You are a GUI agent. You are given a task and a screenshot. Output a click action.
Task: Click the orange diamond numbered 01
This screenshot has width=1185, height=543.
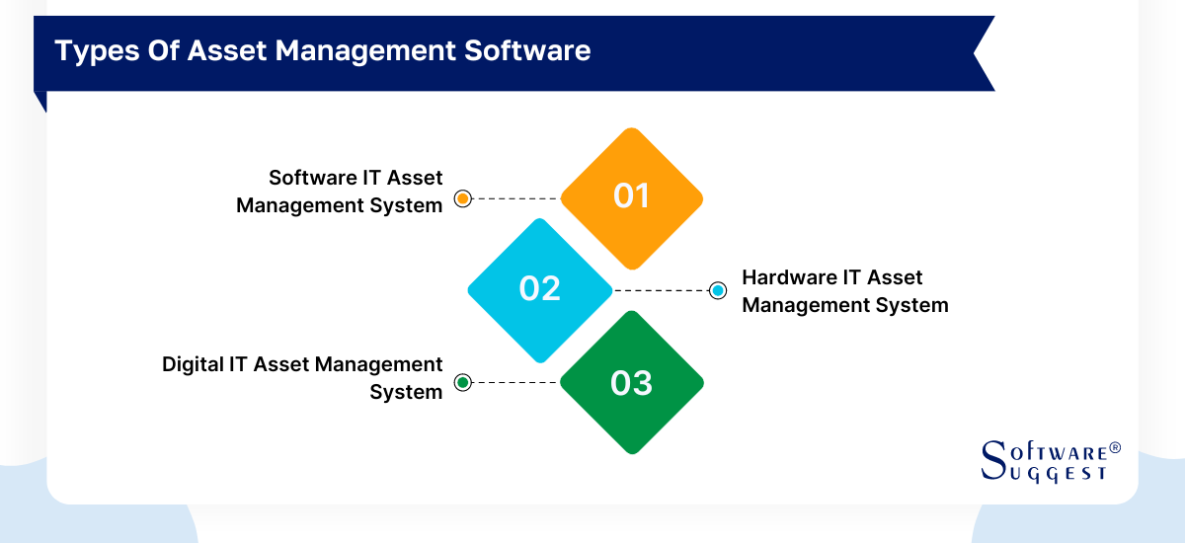(632, 197)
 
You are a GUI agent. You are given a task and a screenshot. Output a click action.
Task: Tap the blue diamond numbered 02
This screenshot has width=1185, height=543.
(540, 289)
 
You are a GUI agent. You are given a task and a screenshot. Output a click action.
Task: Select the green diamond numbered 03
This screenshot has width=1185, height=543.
(632, 382)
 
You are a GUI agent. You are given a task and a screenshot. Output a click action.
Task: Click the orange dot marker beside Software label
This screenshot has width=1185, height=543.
(462, 198)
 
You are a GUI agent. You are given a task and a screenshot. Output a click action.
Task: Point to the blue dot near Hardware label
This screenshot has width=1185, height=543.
(718, 290)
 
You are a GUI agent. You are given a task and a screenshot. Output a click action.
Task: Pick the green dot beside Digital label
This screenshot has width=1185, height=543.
(462, 382)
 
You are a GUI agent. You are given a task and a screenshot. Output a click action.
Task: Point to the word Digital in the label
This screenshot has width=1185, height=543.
(194, 364)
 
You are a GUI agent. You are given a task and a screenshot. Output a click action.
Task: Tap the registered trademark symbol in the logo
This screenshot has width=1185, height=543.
(1115, 447)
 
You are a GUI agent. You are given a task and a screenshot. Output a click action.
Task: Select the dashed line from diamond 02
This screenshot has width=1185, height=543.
(662, 290)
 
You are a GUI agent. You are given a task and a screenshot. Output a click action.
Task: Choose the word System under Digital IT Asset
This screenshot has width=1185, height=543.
(406, 392)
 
